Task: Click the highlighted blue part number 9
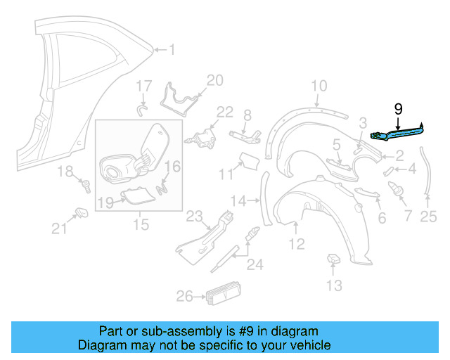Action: point(397,130)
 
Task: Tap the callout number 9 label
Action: point(398,109)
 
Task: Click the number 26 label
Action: point(184,297)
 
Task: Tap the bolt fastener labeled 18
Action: point(86,186)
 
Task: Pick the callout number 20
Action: point(214,80)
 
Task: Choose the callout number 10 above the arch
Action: point(319,86)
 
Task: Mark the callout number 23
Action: point(194,216)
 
